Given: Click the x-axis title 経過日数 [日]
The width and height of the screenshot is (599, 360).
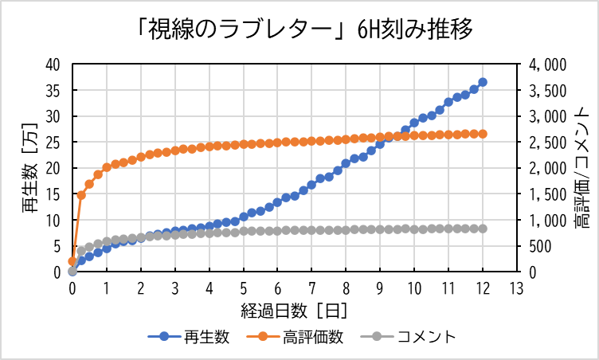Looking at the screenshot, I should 295,308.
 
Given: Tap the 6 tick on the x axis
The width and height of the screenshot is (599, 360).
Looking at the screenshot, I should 277,288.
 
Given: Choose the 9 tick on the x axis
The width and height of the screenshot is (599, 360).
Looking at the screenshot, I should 380,288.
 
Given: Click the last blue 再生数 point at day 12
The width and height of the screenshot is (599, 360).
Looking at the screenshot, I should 483,82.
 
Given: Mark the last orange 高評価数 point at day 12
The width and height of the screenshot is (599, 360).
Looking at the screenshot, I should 483,134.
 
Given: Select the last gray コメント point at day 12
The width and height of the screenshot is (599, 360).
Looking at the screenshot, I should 483,229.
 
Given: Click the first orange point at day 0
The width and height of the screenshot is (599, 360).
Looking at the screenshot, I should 72,261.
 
